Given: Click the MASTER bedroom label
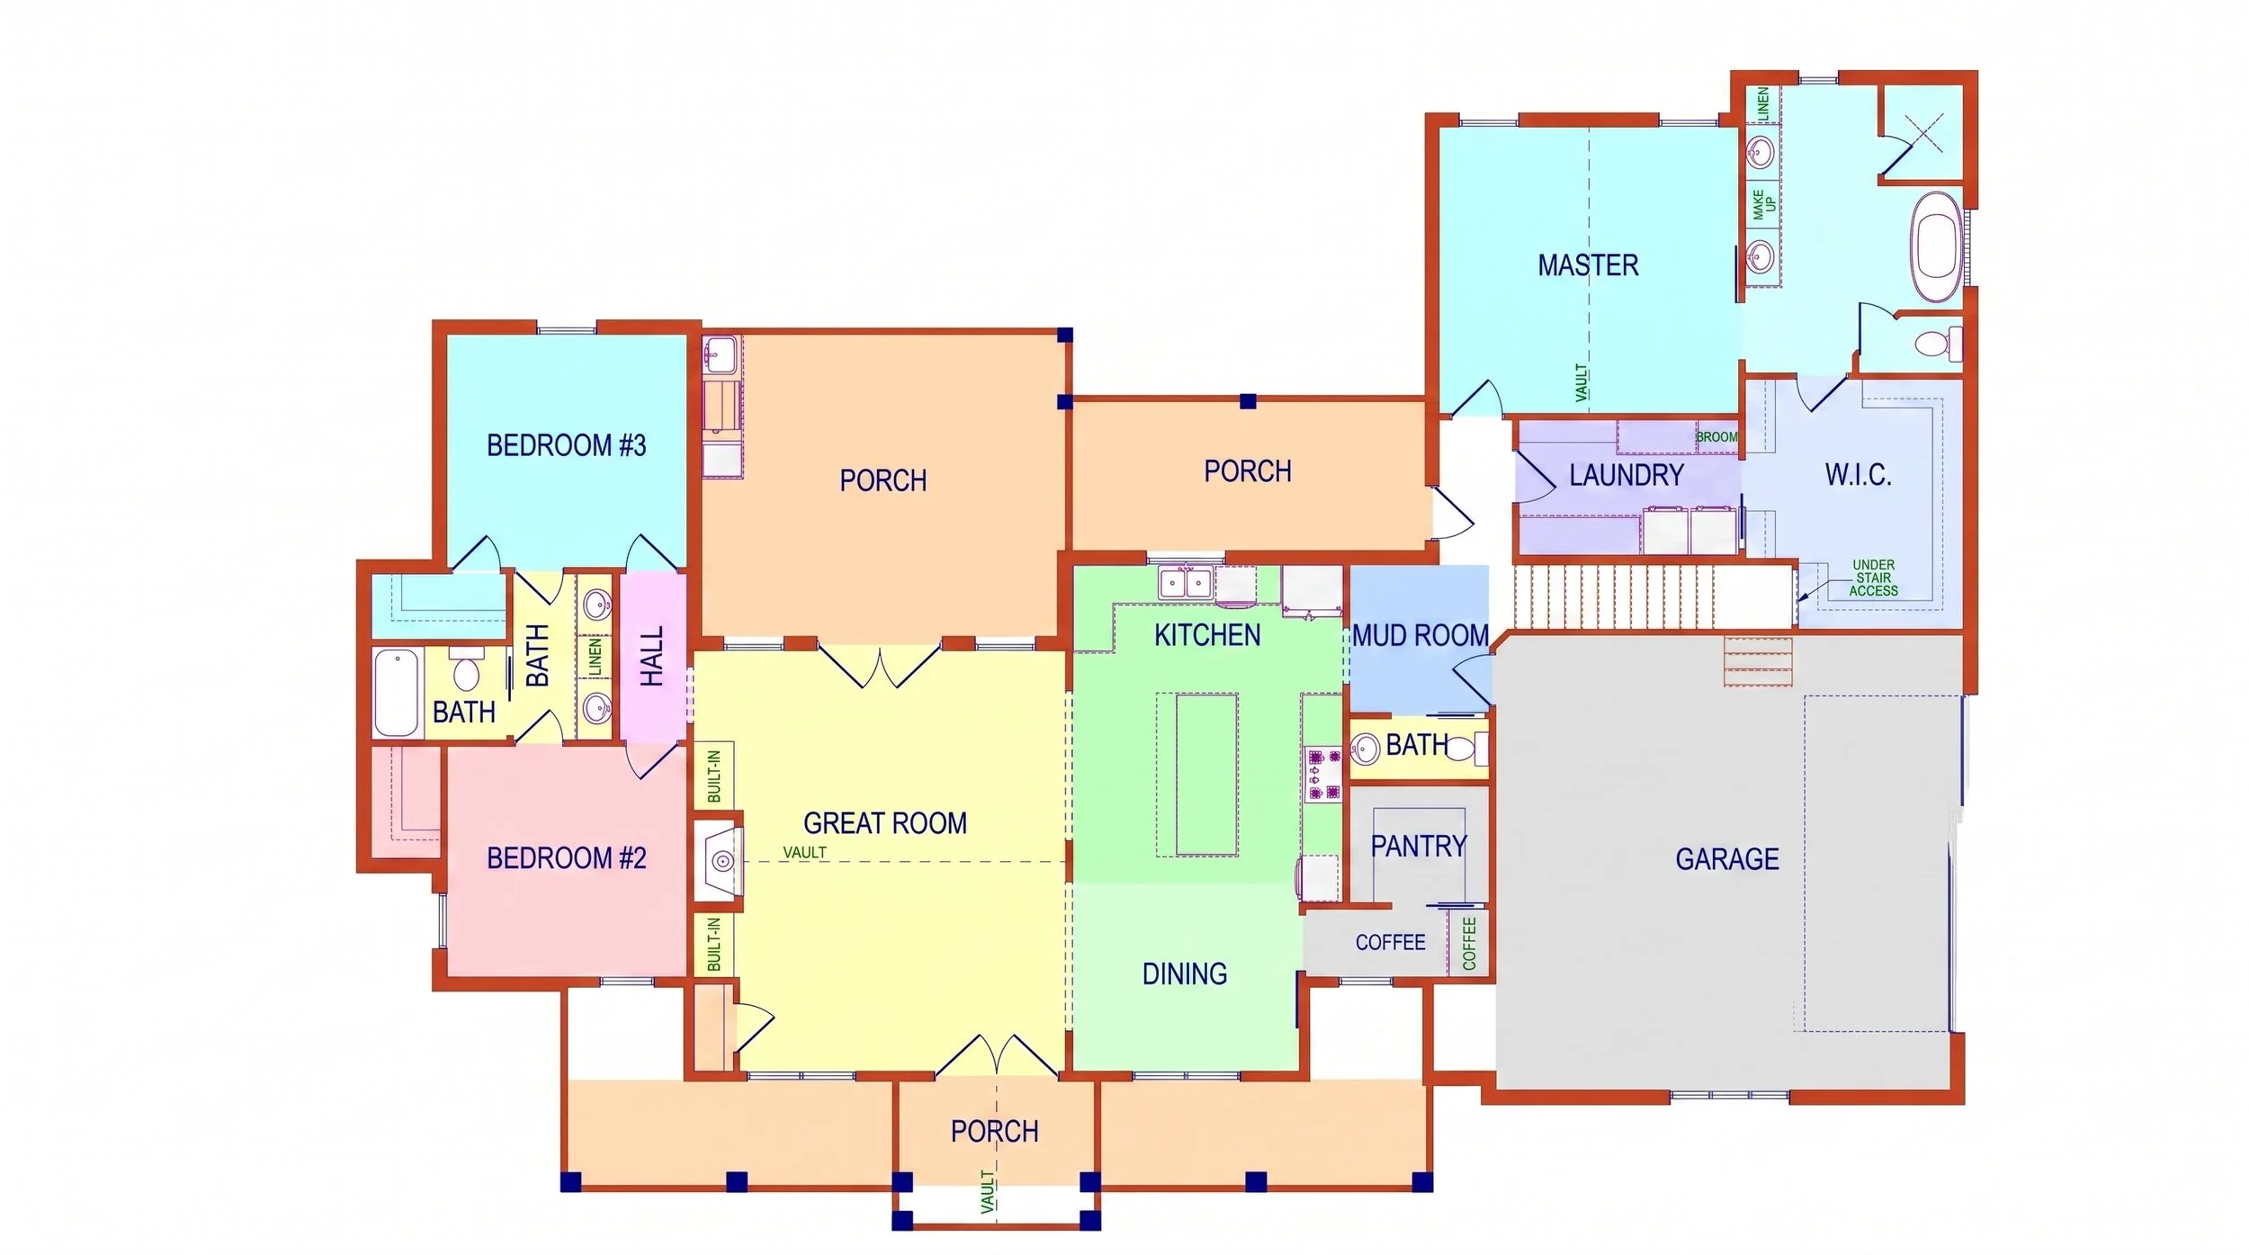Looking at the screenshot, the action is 1588,265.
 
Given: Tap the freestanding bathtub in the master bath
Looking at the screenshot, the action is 1937,246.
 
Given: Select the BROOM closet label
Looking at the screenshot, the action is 1716,437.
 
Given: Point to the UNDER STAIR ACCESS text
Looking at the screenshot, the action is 1873,578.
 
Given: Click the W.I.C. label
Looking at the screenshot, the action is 1858,474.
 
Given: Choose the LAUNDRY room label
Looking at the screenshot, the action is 1626,475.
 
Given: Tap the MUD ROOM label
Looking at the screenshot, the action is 1420,636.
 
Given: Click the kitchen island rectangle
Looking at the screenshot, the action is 1206,775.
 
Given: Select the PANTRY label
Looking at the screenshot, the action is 1419,847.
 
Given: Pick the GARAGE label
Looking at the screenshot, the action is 1727,859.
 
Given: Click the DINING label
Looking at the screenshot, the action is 1185,973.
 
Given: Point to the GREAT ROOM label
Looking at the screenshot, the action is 885,823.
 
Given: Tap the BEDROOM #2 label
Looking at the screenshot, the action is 567,858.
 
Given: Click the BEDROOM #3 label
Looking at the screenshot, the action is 567,445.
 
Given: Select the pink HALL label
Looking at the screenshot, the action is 652,656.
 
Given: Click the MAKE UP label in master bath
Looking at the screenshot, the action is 1763,204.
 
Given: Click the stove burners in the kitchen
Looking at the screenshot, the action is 1323,775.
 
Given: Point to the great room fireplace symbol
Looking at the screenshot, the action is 721,861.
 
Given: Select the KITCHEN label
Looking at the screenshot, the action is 1207,635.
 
